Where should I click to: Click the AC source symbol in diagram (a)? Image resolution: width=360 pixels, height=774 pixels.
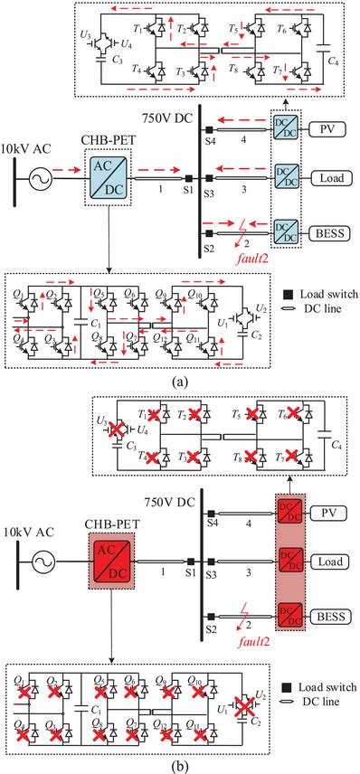(39, 179)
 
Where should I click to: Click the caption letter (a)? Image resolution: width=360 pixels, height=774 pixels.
(180, 381)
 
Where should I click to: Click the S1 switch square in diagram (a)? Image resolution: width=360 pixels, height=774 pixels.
(188, 179)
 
